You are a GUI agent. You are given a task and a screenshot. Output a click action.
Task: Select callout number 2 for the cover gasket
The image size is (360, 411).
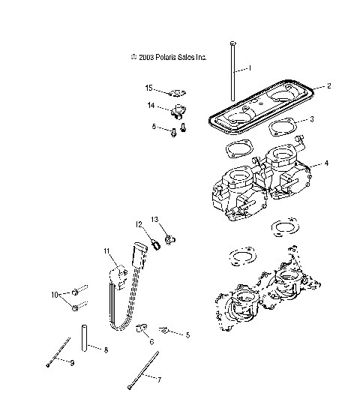click(x=328, y=86)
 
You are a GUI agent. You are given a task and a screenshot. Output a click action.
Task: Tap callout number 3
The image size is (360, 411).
click(x=311, y=118)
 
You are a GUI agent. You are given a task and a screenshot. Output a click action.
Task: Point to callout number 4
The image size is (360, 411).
click(x=325, y=163)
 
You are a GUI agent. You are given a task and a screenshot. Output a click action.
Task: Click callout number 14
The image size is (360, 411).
click(x=150, y=106)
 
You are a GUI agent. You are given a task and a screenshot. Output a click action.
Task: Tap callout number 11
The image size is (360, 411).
click(x=107, y=250)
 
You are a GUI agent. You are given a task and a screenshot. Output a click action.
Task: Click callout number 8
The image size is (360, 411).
click(x=105, y=350)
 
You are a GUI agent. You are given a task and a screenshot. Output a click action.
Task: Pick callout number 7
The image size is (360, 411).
click(x=159, y=380)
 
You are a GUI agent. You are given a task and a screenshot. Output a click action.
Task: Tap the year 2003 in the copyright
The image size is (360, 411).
click(x=147, y=57)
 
